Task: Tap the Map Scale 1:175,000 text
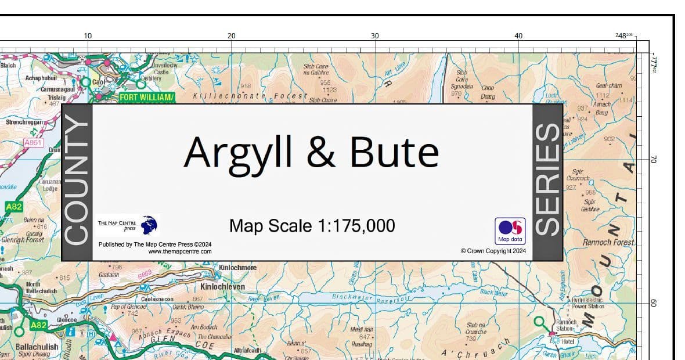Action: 312,225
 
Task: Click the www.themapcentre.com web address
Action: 180,251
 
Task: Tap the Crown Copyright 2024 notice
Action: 493,251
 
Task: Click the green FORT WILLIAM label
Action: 146,97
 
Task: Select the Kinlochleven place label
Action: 222,287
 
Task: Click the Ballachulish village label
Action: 37,347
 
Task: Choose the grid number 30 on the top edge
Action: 375,36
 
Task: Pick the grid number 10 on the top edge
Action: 88,36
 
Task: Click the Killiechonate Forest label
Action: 250,95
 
